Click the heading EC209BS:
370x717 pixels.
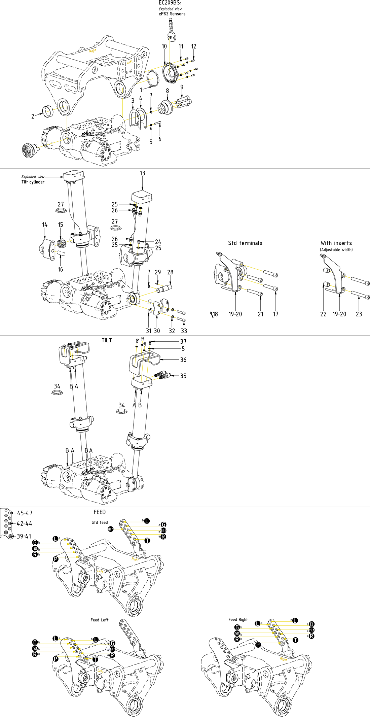tap(170, 3)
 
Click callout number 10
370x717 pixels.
tap(164, 46)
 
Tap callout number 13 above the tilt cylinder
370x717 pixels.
tap(142, 173)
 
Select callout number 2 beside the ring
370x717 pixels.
tap(33, 116)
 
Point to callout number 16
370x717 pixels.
tap(61, 269)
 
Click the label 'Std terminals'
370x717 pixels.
tap(245, 243)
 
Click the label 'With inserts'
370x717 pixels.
tap(336, 243)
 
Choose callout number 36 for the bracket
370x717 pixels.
tap(183, 360)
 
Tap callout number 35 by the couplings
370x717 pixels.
tap(183, 376)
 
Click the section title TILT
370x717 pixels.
tap(107, 340)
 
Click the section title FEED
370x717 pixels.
tap(100, 512)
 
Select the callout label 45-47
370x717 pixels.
tap(25, 513)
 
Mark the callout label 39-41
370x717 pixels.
tap(24, 536)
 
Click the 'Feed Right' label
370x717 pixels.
tap(238, 619)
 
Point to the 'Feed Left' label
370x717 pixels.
tap(100, 620)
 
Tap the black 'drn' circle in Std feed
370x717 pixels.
tap(111, 529)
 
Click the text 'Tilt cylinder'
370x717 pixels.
tap(33, 182)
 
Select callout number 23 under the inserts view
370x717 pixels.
tap(359, 314)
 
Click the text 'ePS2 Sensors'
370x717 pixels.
tap(172, 14)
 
